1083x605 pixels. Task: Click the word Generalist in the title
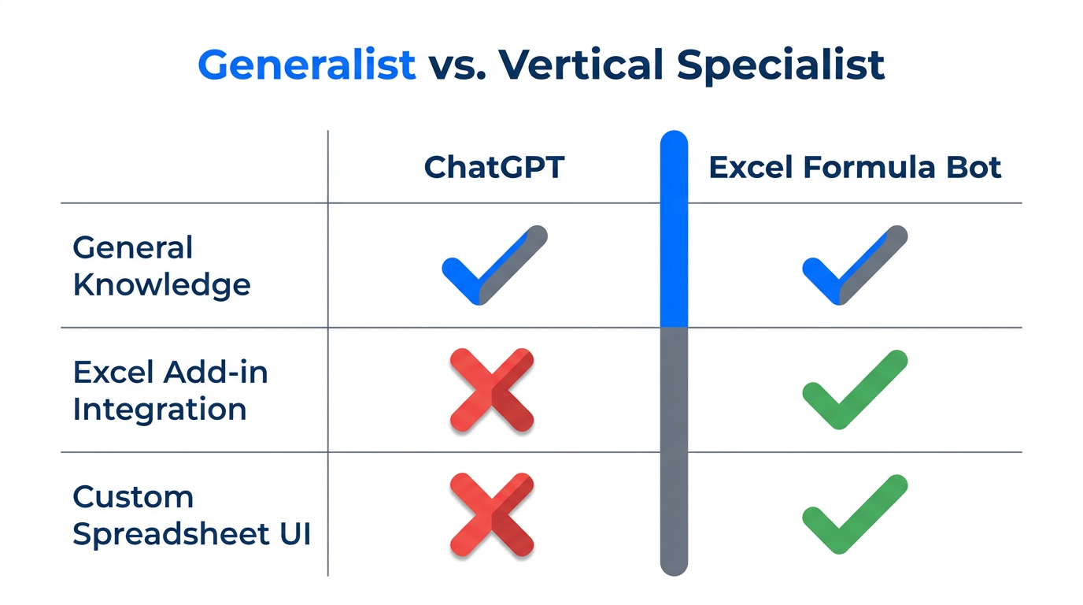point(307,65)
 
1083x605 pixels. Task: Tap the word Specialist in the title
point(782,65)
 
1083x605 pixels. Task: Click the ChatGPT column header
point(494,168)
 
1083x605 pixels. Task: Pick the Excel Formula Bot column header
point(856,168)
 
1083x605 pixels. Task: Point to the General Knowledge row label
point(161,266)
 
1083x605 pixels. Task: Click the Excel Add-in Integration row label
point(170,390)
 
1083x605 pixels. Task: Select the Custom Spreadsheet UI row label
point(191,515)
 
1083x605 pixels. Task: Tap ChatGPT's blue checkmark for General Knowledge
point(493,266)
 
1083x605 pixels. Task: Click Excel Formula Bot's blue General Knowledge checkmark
point(854,266)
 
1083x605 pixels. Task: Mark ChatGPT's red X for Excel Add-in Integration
point(492,391)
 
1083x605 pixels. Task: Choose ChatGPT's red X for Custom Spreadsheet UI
point(492,515)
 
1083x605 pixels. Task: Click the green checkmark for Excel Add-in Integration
point(854,391)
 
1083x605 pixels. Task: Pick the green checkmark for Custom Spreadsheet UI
point(854,515)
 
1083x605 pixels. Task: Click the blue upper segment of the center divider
point(674,228)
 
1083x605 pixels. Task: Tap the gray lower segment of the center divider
point(674,449)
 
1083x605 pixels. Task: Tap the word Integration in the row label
point(159,409)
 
